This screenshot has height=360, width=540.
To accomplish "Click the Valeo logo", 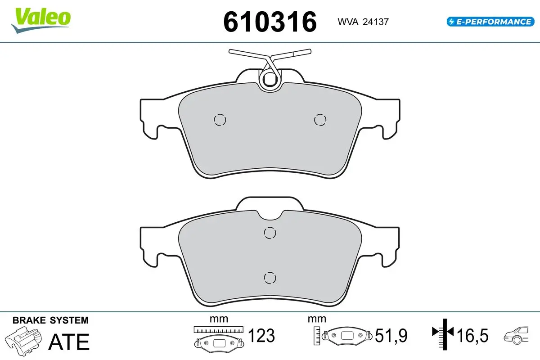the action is point(41,21).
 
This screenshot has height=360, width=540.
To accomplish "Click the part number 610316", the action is point(270,22).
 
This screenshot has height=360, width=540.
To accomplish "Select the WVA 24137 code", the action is point(363,22).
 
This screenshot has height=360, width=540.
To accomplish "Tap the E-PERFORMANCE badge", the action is point(490,22).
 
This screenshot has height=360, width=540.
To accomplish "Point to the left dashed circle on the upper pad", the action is point(220,120).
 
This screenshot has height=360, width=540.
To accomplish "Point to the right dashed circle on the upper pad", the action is point(320,120).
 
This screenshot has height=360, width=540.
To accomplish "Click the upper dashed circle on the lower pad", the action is point(270,233).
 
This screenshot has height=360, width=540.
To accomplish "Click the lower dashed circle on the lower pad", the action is point(270,278).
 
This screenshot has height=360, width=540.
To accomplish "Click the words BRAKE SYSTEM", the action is point(50,320).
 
